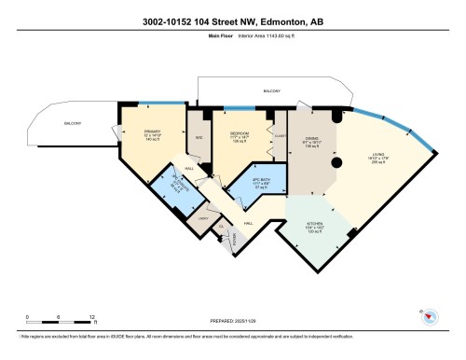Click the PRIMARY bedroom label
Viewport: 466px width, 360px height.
point(152,132)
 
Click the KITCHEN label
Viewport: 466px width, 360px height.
point(316,225)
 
